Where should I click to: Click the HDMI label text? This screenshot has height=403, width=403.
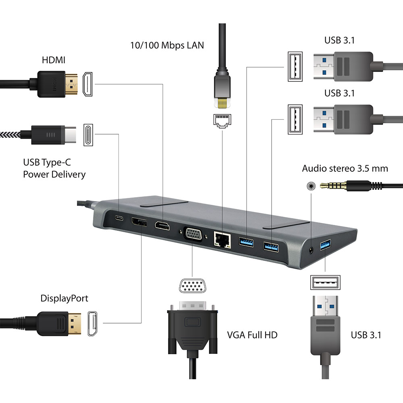54,60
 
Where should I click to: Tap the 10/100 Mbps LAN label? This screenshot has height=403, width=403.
167,45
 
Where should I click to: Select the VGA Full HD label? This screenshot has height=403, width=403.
252,334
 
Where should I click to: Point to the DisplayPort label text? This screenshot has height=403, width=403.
64,299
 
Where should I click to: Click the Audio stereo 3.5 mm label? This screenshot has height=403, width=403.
345,168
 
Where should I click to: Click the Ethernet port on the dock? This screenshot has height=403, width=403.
221,239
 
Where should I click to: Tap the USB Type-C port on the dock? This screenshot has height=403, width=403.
119,219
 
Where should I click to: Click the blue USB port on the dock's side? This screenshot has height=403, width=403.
325,245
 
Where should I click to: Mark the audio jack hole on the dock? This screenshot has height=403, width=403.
311,249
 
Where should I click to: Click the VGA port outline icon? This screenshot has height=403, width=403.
192,287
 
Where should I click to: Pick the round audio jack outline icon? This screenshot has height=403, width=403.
310,186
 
